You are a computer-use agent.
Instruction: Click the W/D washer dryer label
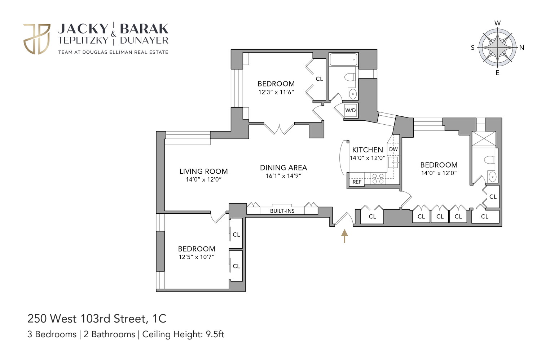[x=350, y=110]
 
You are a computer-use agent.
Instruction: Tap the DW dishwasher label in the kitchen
[x=393, y=149]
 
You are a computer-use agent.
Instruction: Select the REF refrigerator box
[x=357, y=182]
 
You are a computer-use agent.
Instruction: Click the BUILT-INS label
[x=282, y=211]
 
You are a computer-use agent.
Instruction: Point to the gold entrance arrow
[x=344, y=236]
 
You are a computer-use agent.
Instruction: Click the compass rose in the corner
[x=497, y=48]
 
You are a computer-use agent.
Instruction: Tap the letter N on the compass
[x=522, y=48]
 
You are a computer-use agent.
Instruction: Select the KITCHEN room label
[x=368, y=150]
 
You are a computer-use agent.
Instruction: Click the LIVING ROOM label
[x=203, y=172]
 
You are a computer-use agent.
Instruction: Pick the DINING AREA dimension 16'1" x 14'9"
[x=283, y=176]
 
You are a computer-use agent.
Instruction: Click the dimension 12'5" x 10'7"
[x=197, y=257]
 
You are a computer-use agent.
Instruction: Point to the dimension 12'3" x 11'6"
[x=276, y=92]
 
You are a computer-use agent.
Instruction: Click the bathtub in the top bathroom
[x=343, y=59]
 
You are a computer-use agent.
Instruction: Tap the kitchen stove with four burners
[x=378, y=179]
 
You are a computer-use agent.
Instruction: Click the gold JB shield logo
[x=37, y=39]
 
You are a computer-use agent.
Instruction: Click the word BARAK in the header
[x=144, y=29]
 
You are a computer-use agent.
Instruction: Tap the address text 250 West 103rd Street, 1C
[x=97, y=319]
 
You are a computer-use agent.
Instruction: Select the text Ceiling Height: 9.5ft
[x=183, y=334]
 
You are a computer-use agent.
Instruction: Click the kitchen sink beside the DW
[x=393, y=163]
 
